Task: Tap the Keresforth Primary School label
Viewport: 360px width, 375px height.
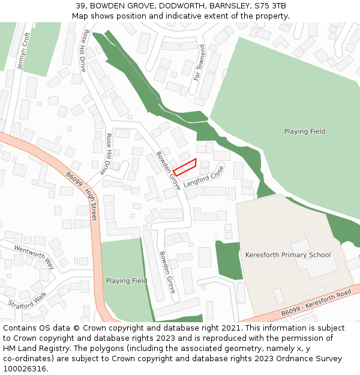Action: pyautogui.click(x=288, y=255)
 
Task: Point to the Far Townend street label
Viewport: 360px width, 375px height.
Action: pyautogui.click(x=199, y=62)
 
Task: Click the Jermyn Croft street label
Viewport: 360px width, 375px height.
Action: pyautogui.click(x=25, y=50)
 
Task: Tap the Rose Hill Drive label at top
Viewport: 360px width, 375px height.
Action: pyautogui.click(x=85, y=51)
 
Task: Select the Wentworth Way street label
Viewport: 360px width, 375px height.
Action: pyautogui.click(x=34, y=257)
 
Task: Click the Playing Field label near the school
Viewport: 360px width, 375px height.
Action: pyautogui.click(x=305, y=131)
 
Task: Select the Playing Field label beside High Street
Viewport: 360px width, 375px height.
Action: pyautogui.click(x=127, y=281)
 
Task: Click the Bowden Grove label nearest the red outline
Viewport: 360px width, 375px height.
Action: pyautogui.click(x=168, y=170)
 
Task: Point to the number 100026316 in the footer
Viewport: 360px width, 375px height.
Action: pyautogui.click(x=25, y=369)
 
